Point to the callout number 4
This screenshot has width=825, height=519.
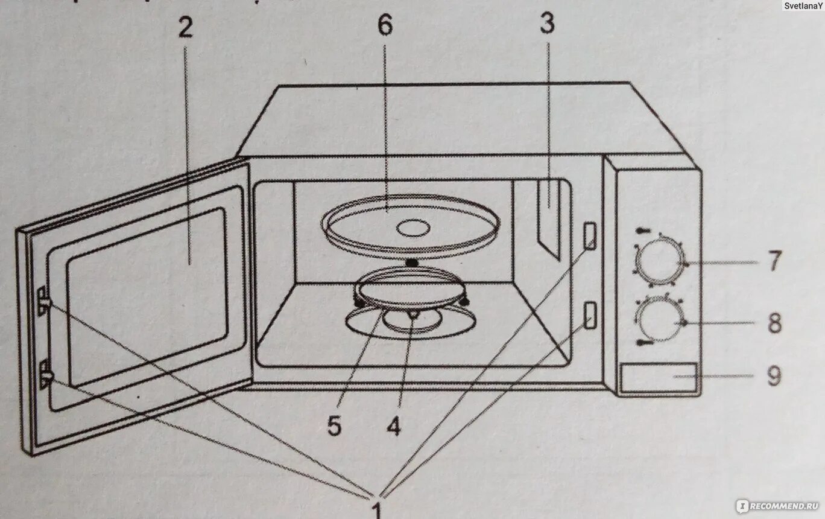coord(393,427)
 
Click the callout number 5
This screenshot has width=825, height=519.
coord(334,427)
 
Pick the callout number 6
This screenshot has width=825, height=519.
coord(385,25)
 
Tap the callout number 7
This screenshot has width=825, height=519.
coord(774,262)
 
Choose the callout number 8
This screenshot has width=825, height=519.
coord(774,323)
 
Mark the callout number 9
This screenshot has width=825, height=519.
coord(774,376)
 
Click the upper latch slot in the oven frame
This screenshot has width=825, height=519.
coord(589,235)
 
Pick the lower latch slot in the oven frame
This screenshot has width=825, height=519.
coord(590,314)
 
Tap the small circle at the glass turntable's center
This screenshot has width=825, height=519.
coord(413,228)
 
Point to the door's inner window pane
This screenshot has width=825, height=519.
coord(148,296)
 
